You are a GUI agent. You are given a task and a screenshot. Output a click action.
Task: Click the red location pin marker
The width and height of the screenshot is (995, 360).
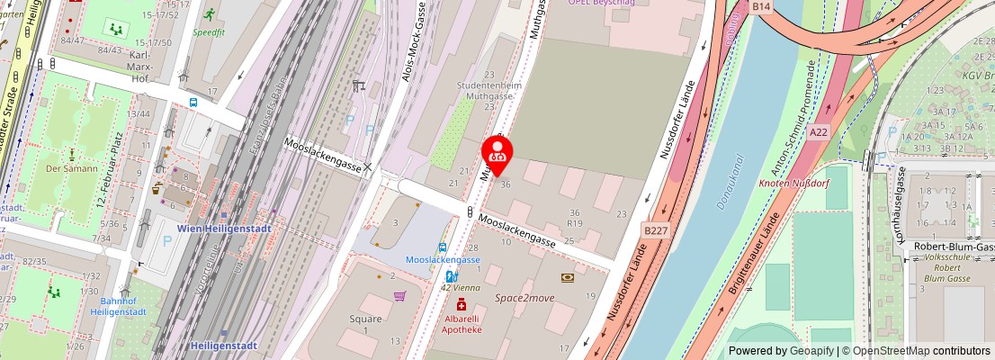coord(497,150)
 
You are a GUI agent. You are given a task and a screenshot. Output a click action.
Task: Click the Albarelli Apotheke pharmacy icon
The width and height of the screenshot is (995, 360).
coord(461,305)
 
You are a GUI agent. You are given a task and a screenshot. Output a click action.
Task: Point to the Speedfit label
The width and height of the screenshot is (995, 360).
coord(208,31)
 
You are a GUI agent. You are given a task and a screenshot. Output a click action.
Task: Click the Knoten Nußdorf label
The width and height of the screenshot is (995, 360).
coord(793,183)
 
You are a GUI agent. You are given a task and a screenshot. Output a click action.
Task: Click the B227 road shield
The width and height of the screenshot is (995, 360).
coord(655,230)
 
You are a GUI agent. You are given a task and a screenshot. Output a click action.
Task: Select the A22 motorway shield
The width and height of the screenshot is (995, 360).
coord(817,132)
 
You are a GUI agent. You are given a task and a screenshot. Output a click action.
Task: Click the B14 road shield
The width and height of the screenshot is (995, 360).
coord(761,6)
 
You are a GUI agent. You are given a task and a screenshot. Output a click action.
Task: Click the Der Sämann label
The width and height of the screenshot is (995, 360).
coord(66,168)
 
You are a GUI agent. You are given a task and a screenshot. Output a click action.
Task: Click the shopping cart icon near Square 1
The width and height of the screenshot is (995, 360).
coord(399,295)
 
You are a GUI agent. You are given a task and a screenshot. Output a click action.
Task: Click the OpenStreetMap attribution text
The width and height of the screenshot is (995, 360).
coord(891,351)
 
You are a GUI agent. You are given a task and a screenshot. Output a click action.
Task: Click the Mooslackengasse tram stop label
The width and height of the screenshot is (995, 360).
coord(443,259)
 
